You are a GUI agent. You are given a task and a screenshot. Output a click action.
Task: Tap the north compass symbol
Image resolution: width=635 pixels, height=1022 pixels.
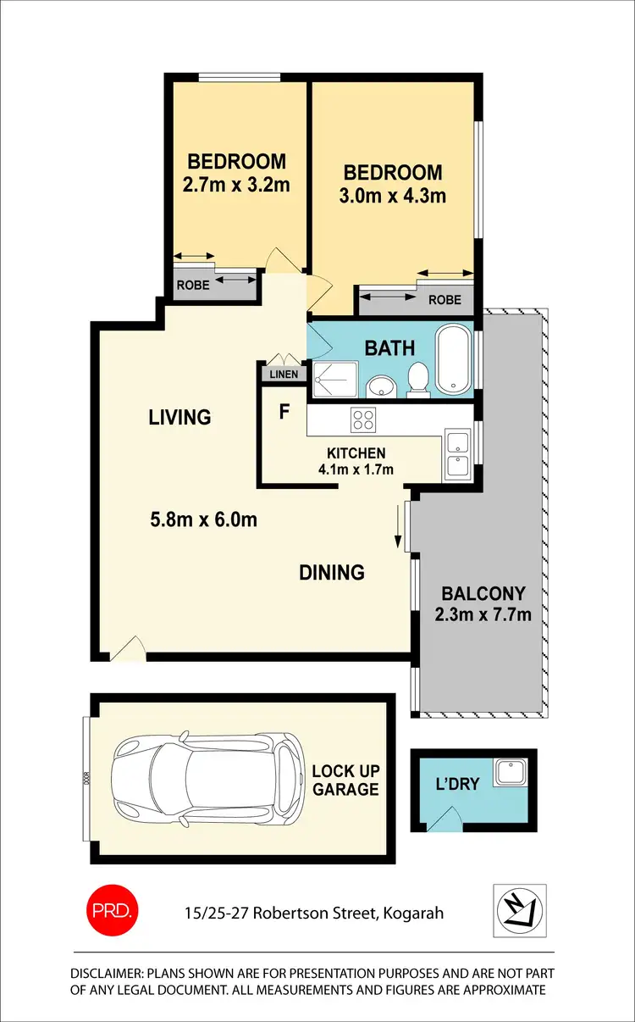520,910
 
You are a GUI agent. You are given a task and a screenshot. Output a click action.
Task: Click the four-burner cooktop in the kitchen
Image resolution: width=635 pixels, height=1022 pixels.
364,419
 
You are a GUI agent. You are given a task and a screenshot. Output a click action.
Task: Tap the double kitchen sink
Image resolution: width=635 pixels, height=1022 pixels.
456,454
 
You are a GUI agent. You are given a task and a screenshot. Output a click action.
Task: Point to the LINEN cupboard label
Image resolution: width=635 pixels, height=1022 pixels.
283,374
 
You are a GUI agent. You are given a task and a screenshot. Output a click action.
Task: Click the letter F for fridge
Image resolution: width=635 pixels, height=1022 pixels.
284,413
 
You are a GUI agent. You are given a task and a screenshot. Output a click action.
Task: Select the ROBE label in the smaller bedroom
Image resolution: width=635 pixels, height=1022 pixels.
192,286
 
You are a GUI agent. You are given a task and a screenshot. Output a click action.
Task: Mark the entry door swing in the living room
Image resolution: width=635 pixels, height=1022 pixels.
128,649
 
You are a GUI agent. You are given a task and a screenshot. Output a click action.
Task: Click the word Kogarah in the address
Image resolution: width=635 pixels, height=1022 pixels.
413,914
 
